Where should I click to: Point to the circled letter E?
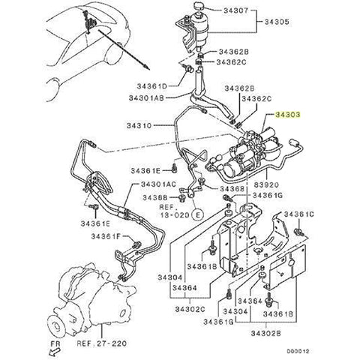click(196, 214)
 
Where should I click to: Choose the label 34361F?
click(106, 236)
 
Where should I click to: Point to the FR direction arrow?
click(55, 346)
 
